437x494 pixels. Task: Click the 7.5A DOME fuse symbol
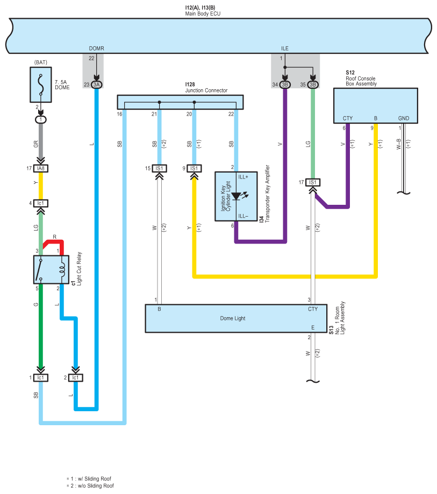click(x=41, y=85)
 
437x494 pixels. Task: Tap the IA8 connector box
click(x=41, y=169)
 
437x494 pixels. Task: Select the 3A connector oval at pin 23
click(x=96, y=84)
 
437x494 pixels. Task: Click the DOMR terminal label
click(x=96, y=48)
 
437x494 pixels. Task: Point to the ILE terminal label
click(x=285, y=48)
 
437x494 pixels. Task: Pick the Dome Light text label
click(x=233, y=318)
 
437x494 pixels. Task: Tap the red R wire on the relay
click(x=54, y=245)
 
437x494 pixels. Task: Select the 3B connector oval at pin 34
click(x=285, y=84)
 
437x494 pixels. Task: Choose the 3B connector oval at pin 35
click(x=313, y=84)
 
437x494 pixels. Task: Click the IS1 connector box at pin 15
click(x=160, y=169)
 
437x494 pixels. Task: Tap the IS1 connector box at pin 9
click(x=194, y=169)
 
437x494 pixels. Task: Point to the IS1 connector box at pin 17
click(x=312, y=182)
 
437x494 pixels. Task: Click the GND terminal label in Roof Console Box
click(x=404, y=118)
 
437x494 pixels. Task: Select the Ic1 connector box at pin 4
click(x=41, y=203)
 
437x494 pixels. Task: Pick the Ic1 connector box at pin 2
click(x=76, y=377)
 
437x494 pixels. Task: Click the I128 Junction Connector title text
click(x=206, y=87)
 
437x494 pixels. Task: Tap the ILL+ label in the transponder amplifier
click(x=243, y=177)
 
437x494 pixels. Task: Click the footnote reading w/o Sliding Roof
click(x=90, y=486)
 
